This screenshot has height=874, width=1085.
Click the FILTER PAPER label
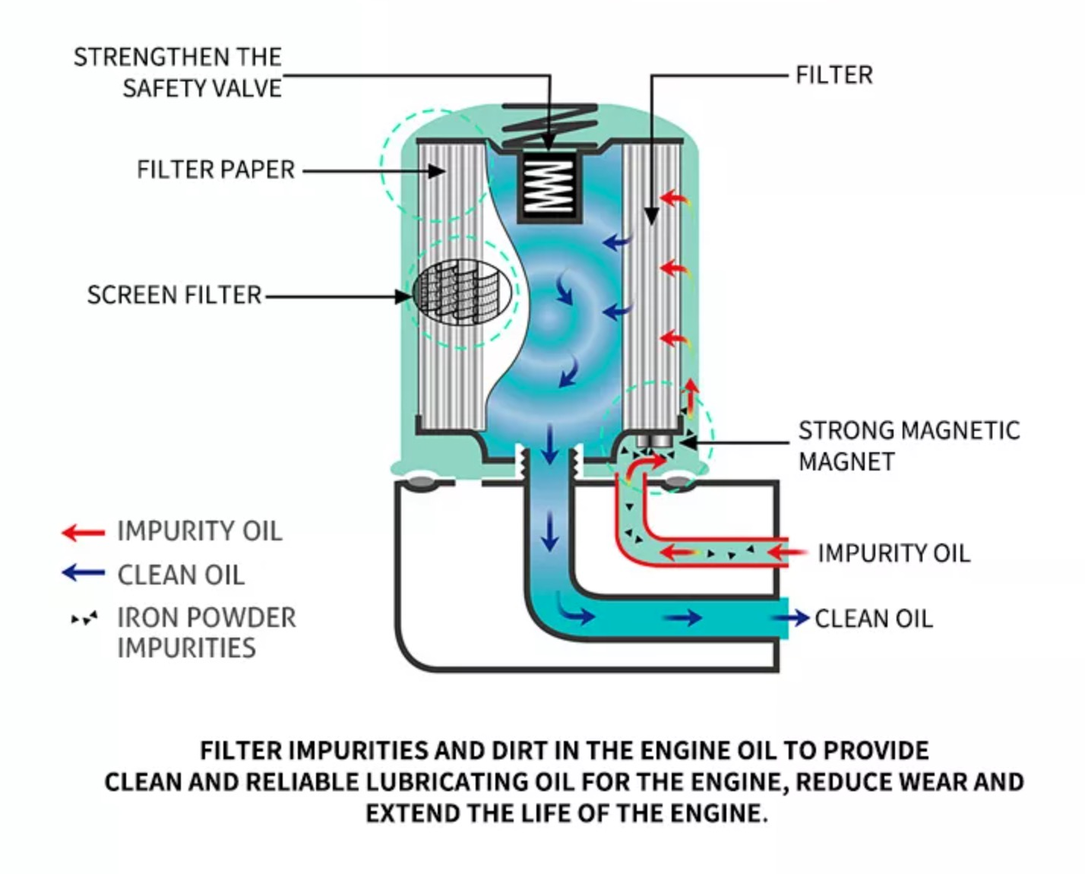216,169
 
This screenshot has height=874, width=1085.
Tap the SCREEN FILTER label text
174,295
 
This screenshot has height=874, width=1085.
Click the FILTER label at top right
834,75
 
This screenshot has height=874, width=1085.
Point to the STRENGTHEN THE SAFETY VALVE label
178,73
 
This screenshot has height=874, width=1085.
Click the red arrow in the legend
83,532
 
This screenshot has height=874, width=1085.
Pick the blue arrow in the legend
83,573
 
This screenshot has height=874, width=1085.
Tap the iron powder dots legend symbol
84,619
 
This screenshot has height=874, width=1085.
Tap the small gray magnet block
653,441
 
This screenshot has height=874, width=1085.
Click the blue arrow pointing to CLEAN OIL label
792,618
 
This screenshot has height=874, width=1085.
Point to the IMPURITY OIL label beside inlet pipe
894,553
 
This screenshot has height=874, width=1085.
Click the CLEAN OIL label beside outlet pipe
873,619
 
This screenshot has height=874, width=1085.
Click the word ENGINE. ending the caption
718,813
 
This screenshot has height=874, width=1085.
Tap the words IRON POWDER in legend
206,618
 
